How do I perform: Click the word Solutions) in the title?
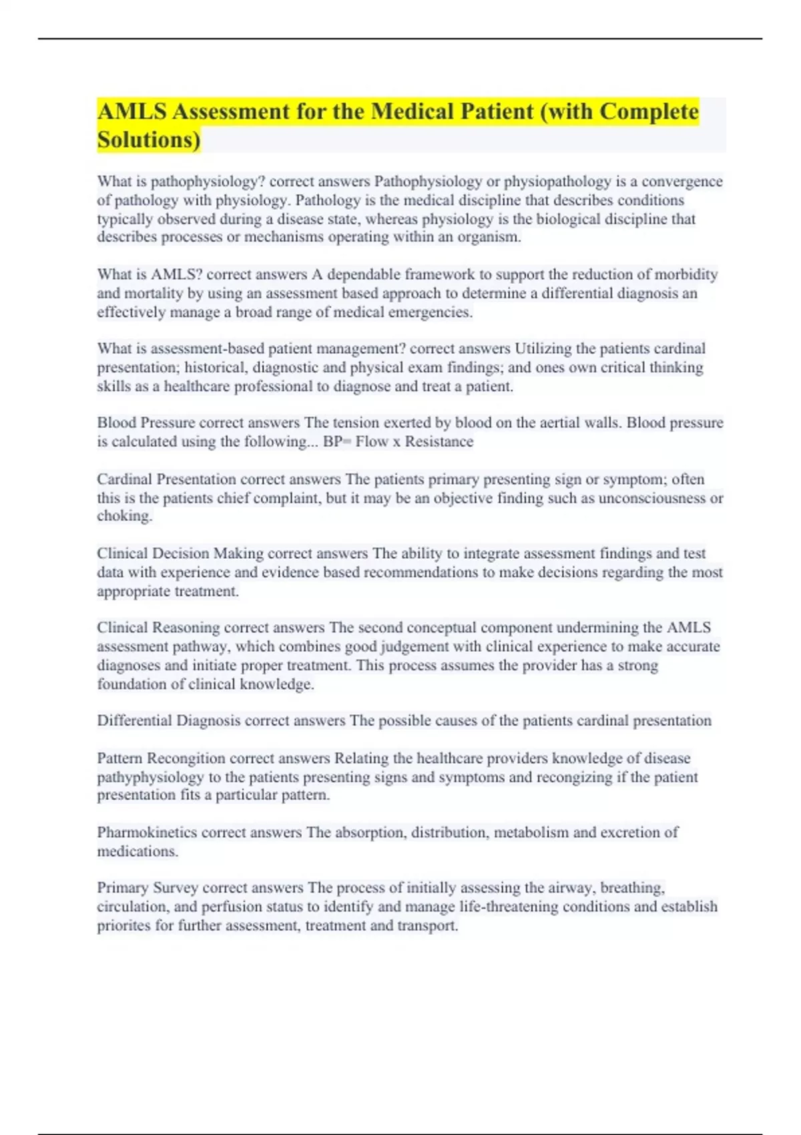(148, 140)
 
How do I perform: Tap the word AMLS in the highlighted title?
(131, 111)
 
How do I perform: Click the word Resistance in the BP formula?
(439, 441)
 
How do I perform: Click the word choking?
(124, 516)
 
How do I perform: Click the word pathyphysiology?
(150, 777)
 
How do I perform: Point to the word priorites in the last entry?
(123, 925)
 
